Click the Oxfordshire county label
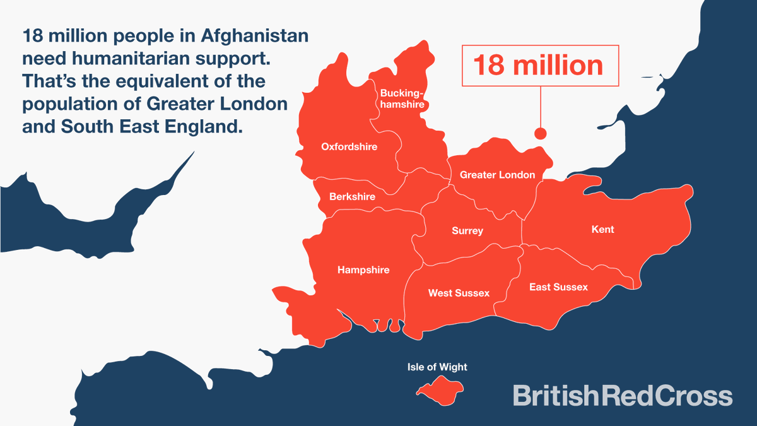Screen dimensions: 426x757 (349, 147)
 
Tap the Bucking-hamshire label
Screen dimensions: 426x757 (402, 99)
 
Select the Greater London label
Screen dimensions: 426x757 (497, 175)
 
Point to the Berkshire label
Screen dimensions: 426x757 (352, 197)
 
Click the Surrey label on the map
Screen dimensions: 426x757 (467, 231)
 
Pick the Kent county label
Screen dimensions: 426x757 (602, 230)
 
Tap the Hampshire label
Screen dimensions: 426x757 (363, 270)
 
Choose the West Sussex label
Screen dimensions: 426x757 (459, 293)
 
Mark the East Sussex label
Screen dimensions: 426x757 (558, 287)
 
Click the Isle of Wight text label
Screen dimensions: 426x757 (437, 367)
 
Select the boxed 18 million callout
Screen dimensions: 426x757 (540, 65)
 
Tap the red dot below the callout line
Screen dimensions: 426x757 (540, 133)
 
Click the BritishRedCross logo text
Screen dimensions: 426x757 (622, 396)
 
